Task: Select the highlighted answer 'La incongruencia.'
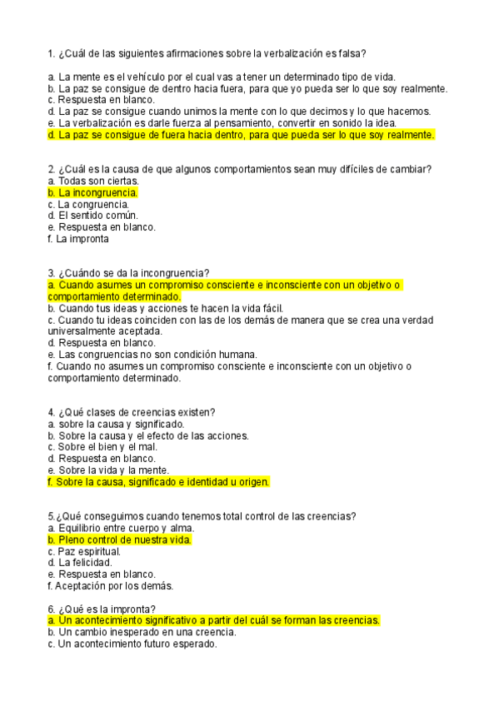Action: pos(93,192)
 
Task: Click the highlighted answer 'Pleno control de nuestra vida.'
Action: pos(120,539)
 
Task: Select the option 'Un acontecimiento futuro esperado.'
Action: pos(132,644)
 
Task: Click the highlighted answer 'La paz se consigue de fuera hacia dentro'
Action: pos(242,134)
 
